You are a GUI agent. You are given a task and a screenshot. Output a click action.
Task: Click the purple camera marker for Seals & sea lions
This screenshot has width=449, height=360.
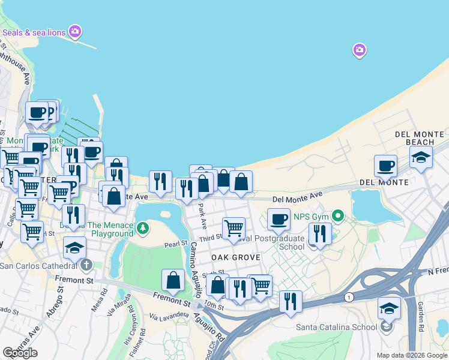pos(75,31)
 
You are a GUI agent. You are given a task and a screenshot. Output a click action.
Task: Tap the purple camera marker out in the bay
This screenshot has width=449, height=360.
pos(360,50)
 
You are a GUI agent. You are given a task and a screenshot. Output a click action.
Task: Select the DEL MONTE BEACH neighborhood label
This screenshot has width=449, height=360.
pos(420,138)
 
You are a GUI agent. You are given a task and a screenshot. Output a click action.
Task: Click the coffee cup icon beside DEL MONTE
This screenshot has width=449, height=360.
pos(385,166)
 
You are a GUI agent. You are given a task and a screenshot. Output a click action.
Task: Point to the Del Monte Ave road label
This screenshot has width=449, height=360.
pos(297,196)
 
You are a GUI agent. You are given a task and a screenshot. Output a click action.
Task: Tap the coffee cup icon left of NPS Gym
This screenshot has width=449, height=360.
pos(279,220)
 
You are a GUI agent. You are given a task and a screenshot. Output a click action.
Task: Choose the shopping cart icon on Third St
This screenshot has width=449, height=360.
pos(233,228)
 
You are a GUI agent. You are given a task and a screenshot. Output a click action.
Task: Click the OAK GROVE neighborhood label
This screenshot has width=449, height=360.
pos(235,257)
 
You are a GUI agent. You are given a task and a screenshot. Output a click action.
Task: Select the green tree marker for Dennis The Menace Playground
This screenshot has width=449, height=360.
pos(142,227)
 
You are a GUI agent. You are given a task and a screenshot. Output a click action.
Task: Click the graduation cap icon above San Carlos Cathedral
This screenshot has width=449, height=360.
pos(74,247)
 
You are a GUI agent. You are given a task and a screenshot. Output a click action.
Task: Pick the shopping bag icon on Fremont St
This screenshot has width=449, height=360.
pos(173,280)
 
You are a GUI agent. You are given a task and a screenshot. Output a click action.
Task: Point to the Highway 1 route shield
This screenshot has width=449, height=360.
pos(348,297)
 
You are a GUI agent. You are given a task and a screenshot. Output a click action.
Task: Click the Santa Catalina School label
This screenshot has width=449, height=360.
pos(337,327)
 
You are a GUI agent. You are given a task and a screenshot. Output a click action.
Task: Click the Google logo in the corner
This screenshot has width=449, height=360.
pos(20,353)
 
